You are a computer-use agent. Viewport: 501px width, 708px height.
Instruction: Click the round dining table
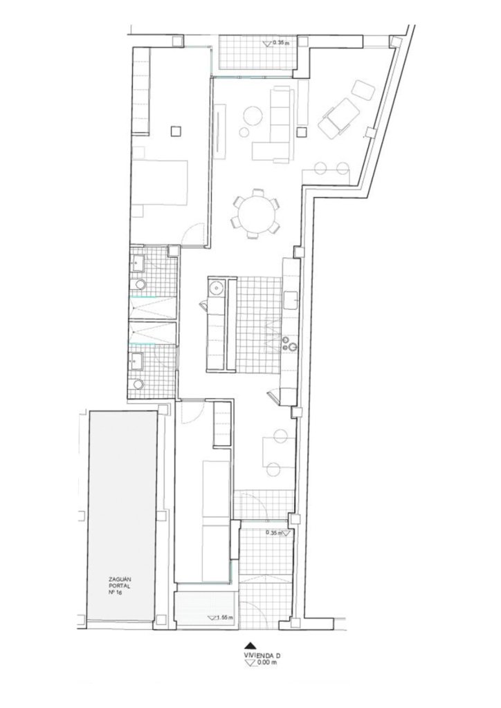256,214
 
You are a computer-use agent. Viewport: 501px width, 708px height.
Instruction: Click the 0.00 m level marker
261,662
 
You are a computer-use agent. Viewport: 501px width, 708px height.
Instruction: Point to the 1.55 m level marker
217,617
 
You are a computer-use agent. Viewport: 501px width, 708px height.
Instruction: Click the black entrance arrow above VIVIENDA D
250,646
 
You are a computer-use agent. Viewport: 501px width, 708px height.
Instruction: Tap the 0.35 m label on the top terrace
276,43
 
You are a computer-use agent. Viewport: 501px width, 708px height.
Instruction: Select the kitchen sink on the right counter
291,300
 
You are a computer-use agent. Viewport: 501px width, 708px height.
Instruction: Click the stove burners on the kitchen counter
289,344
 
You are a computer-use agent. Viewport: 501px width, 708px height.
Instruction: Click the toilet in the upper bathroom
140,284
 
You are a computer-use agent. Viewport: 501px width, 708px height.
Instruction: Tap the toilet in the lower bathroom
138,384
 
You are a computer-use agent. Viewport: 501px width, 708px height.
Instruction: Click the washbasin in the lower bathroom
136,361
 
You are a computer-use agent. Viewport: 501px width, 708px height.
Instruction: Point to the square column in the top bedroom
176,131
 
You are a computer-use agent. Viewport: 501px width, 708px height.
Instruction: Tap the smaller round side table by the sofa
244,132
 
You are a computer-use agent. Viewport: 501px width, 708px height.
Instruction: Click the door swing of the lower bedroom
192,412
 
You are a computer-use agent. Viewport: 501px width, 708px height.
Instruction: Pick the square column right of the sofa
301,132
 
